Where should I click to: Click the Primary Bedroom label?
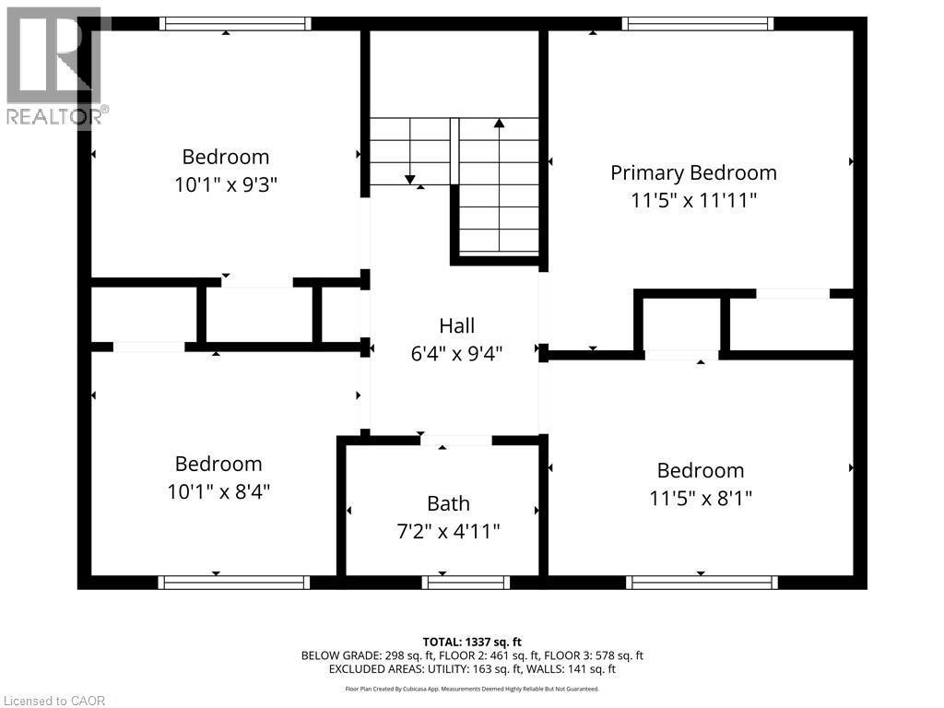tap(693, 172)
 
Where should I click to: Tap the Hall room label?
tap(456, 325)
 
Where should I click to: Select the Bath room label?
tap(448, 503)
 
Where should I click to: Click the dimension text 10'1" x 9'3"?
tap(226, 184)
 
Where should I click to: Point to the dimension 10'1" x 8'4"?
tap(219, 491)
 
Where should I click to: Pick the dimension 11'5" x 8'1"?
tap(700, 498)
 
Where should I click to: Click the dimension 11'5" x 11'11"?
tap(693, 200)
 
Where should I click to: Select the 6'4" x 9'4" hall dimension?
tap(456, 352)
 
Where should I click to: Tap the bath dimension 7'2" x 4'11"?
tap(448, 531)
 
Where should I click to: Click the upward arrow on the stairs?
tap(499, 123)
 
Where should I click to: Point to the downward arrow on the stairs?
tap(409, 178)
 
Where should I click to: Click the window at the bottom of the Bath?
tap(466, 582)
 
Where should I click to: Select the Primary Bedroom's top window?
tap(698, 24)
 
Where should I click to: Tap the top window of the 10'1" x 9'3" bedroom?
tap(234, 24)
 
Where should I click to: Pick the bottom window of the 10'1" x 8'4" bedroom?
tap(233, 582)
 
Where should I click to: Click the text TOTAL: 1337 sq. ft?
tap(471, 642)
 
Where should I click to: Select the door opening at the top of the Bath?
tap(455, 441)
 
